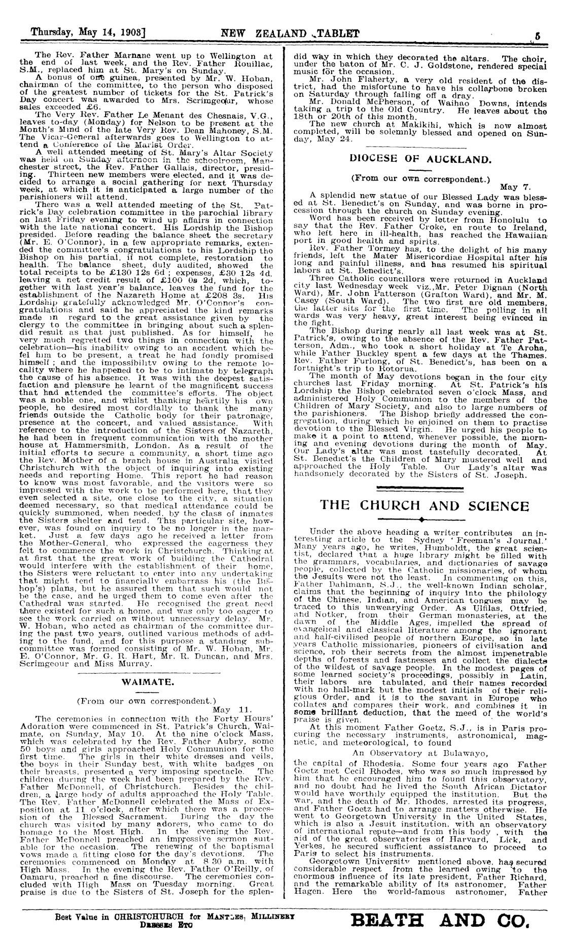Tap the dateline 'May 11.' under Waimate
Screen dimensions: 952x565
230,709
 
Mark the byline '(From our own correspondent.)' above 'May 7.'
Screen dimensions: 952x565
421,179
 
